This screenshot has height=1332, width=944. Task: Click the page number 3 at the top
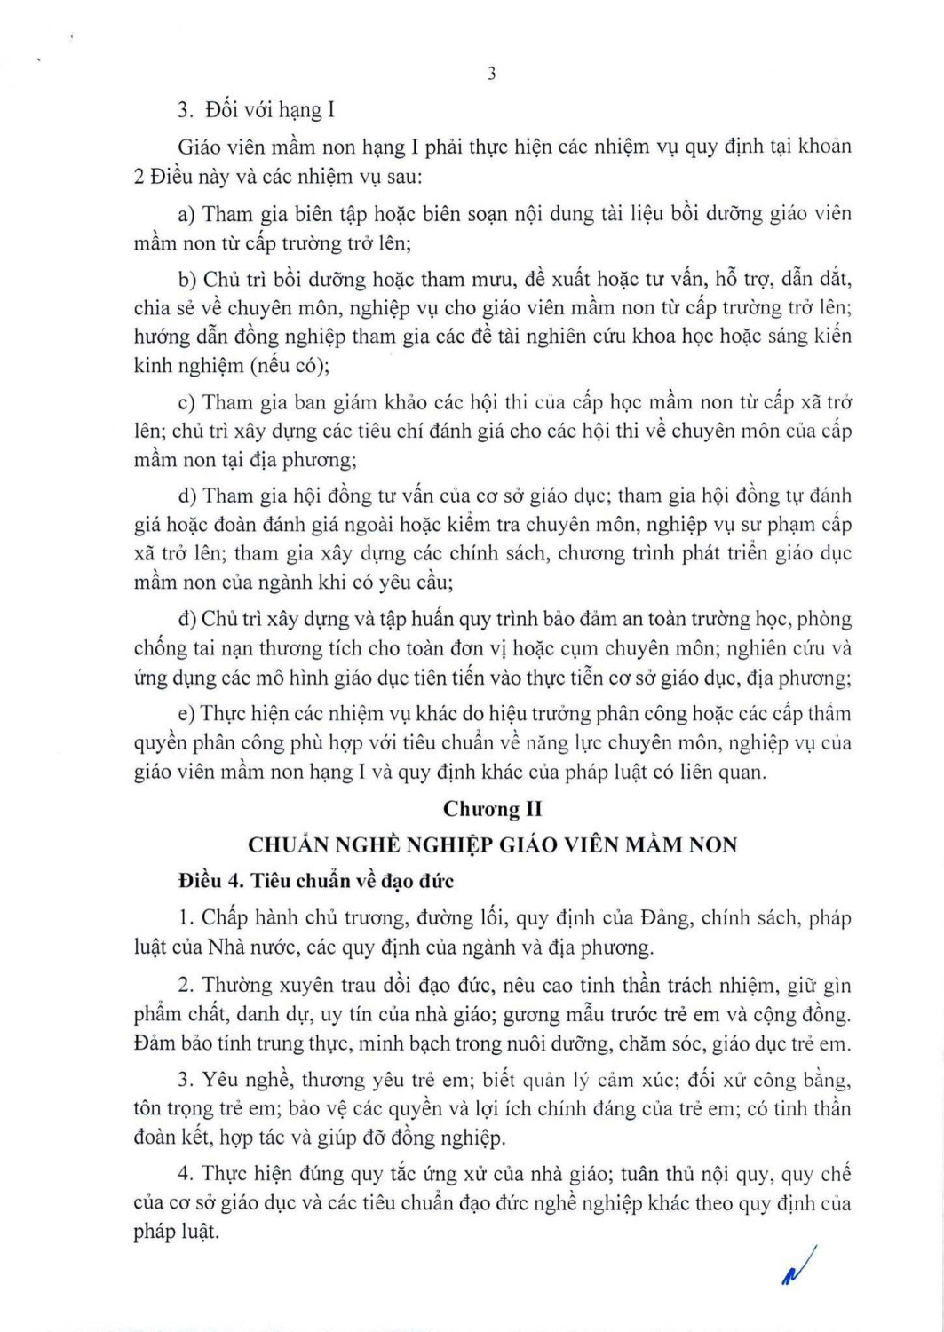[491, 75]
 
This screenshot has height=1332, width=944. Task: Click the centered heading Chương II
[492, 809]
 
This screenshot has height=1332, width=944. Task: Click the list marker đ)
[186, 619]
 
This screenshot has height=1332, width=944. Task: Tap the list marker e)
[186, 714]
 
